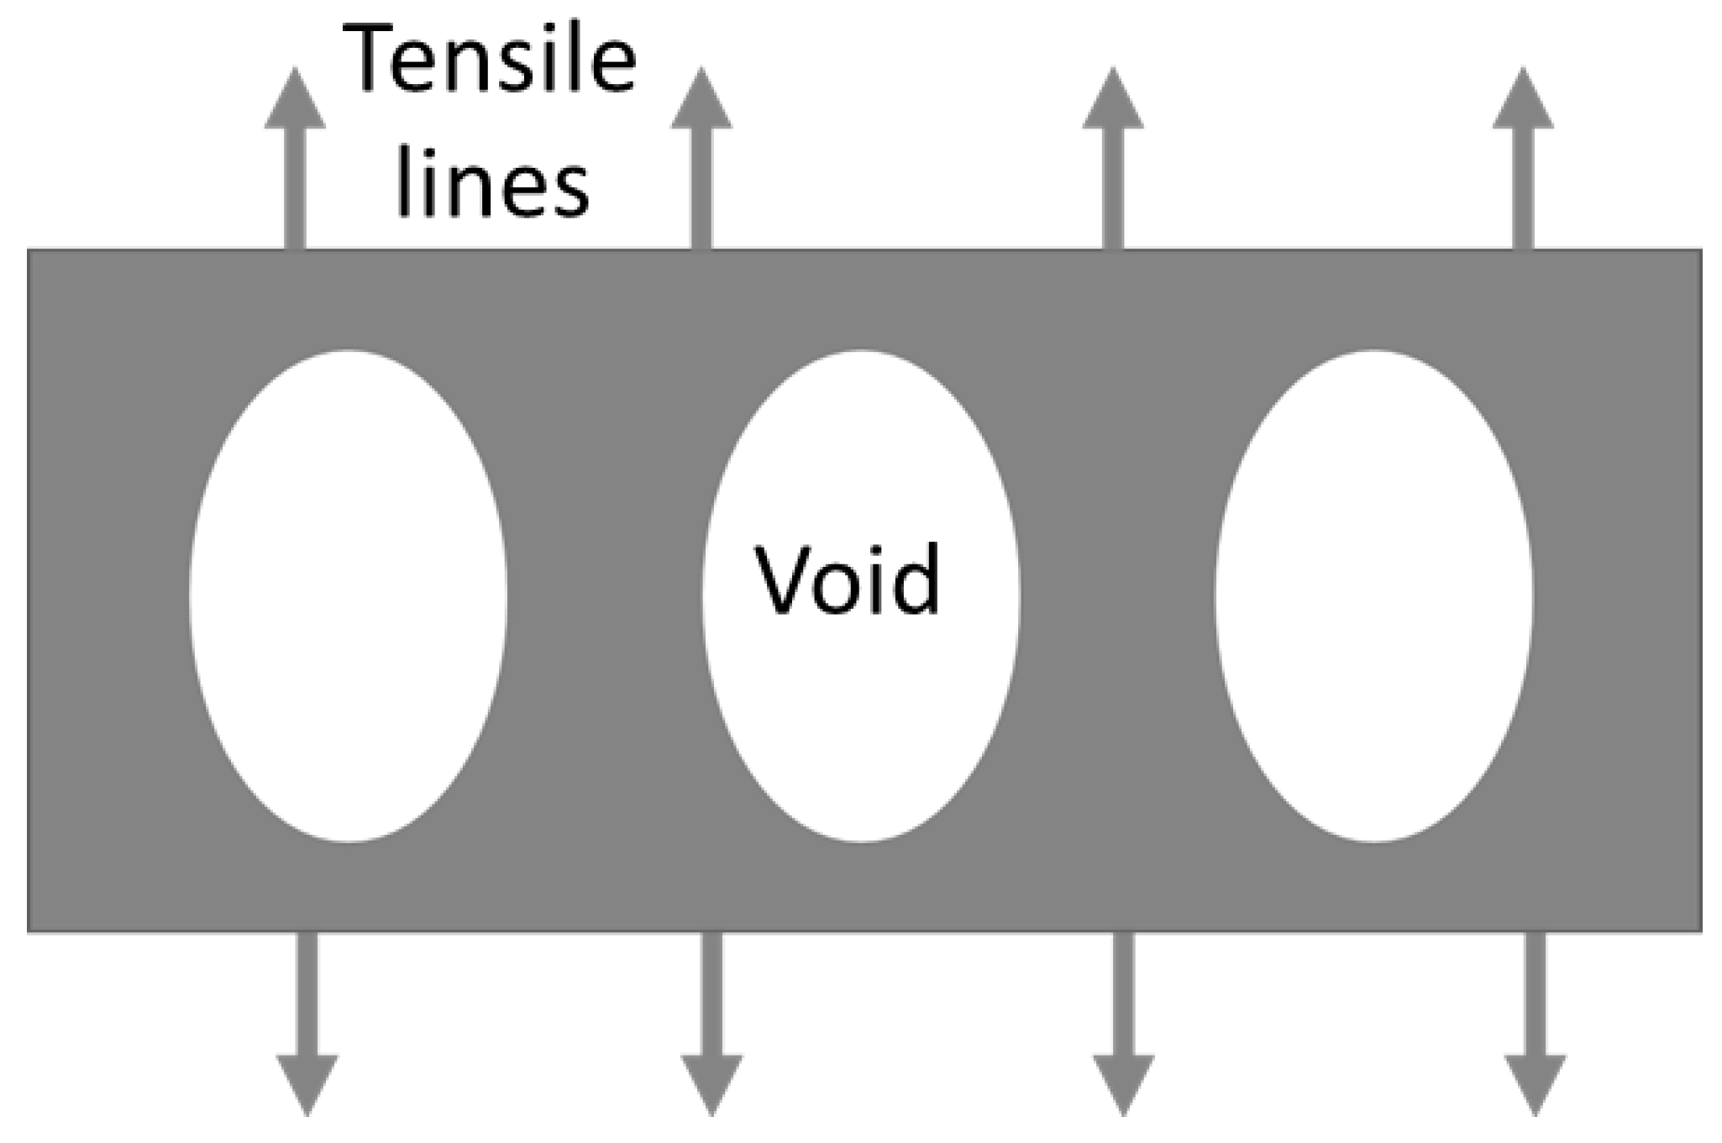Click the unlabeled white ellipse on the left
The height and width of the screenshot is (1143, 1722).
click(x=348, y=596)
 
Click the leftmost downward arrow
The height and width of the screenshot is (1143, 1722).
click(x=307, y=1025)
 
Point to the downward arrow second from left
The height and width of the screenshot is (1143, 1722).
click(x=711, y=1025)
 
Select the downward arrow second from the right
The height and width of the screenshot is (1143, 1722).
click(x=1123, y=1025)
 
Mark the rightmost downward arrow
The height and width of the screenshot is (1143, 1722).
click(x=1535, y=1025)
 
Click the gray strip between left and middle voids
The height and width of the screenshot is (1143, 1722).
click(x=605, y=596)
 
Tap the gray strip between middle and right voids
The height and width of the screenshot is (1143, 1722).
click(x=1117, y=596)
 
